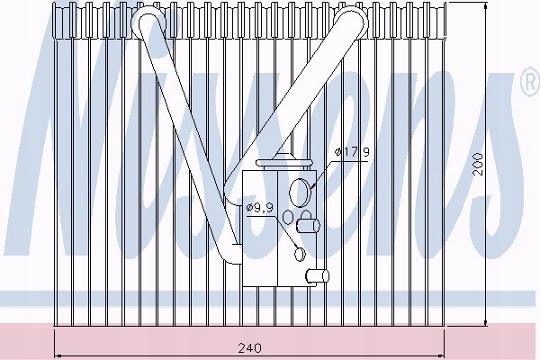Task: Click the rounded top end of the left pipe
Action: coord(145,22)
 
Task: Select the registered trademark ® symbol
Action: coord(528,85)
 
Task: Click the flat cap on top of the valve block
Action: coord(283,163)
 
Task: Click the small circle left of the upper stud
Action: coord(288,217)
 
